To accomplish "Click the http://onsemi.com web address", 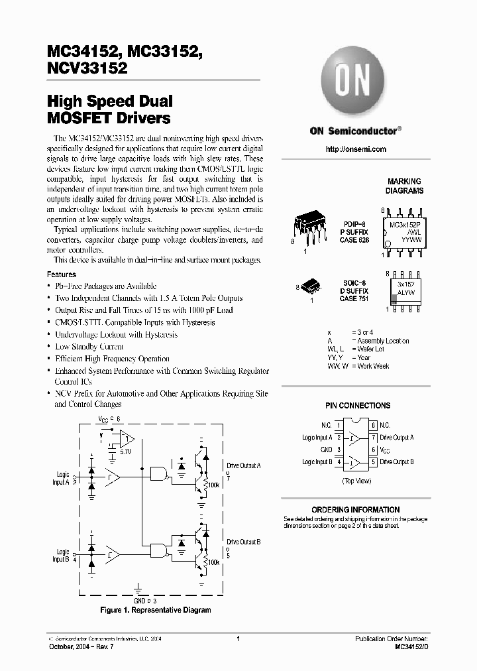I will click(x=356, y=149).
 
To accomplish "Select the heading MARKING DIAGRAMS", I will click(x=404, y=186).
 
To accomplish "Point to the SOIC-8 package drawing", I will click(x=310, y=286).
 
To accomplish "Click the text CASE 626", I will click(x=354, y=240).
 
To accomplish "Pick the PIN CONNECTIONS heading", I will click(x=357, y=405).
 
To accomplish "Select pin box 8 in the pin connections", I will click(x=374, y=425).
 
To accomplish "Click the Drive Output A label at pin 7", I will click(x=397, y=438).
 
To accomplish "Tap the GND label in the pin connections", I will click(x=326, y=450).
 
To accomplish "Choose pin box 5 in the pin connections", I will click(x=374, y=462).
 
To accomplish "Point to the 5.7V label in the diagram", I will click(x=125, y=451).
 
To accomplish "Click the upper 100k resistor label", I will click(x=213, y=485).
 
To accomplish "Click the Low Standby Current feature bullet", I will click(x=89, y=347).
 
